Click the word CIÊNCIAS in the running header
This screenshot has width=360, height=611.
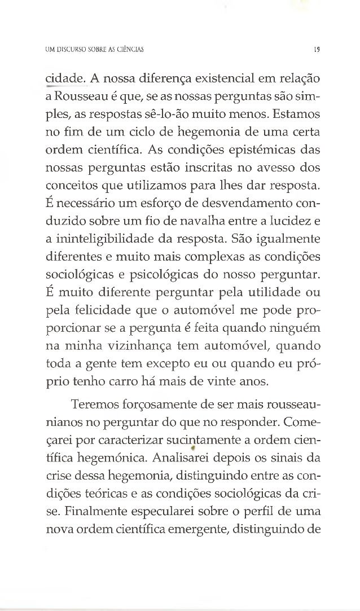point(128,49)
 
